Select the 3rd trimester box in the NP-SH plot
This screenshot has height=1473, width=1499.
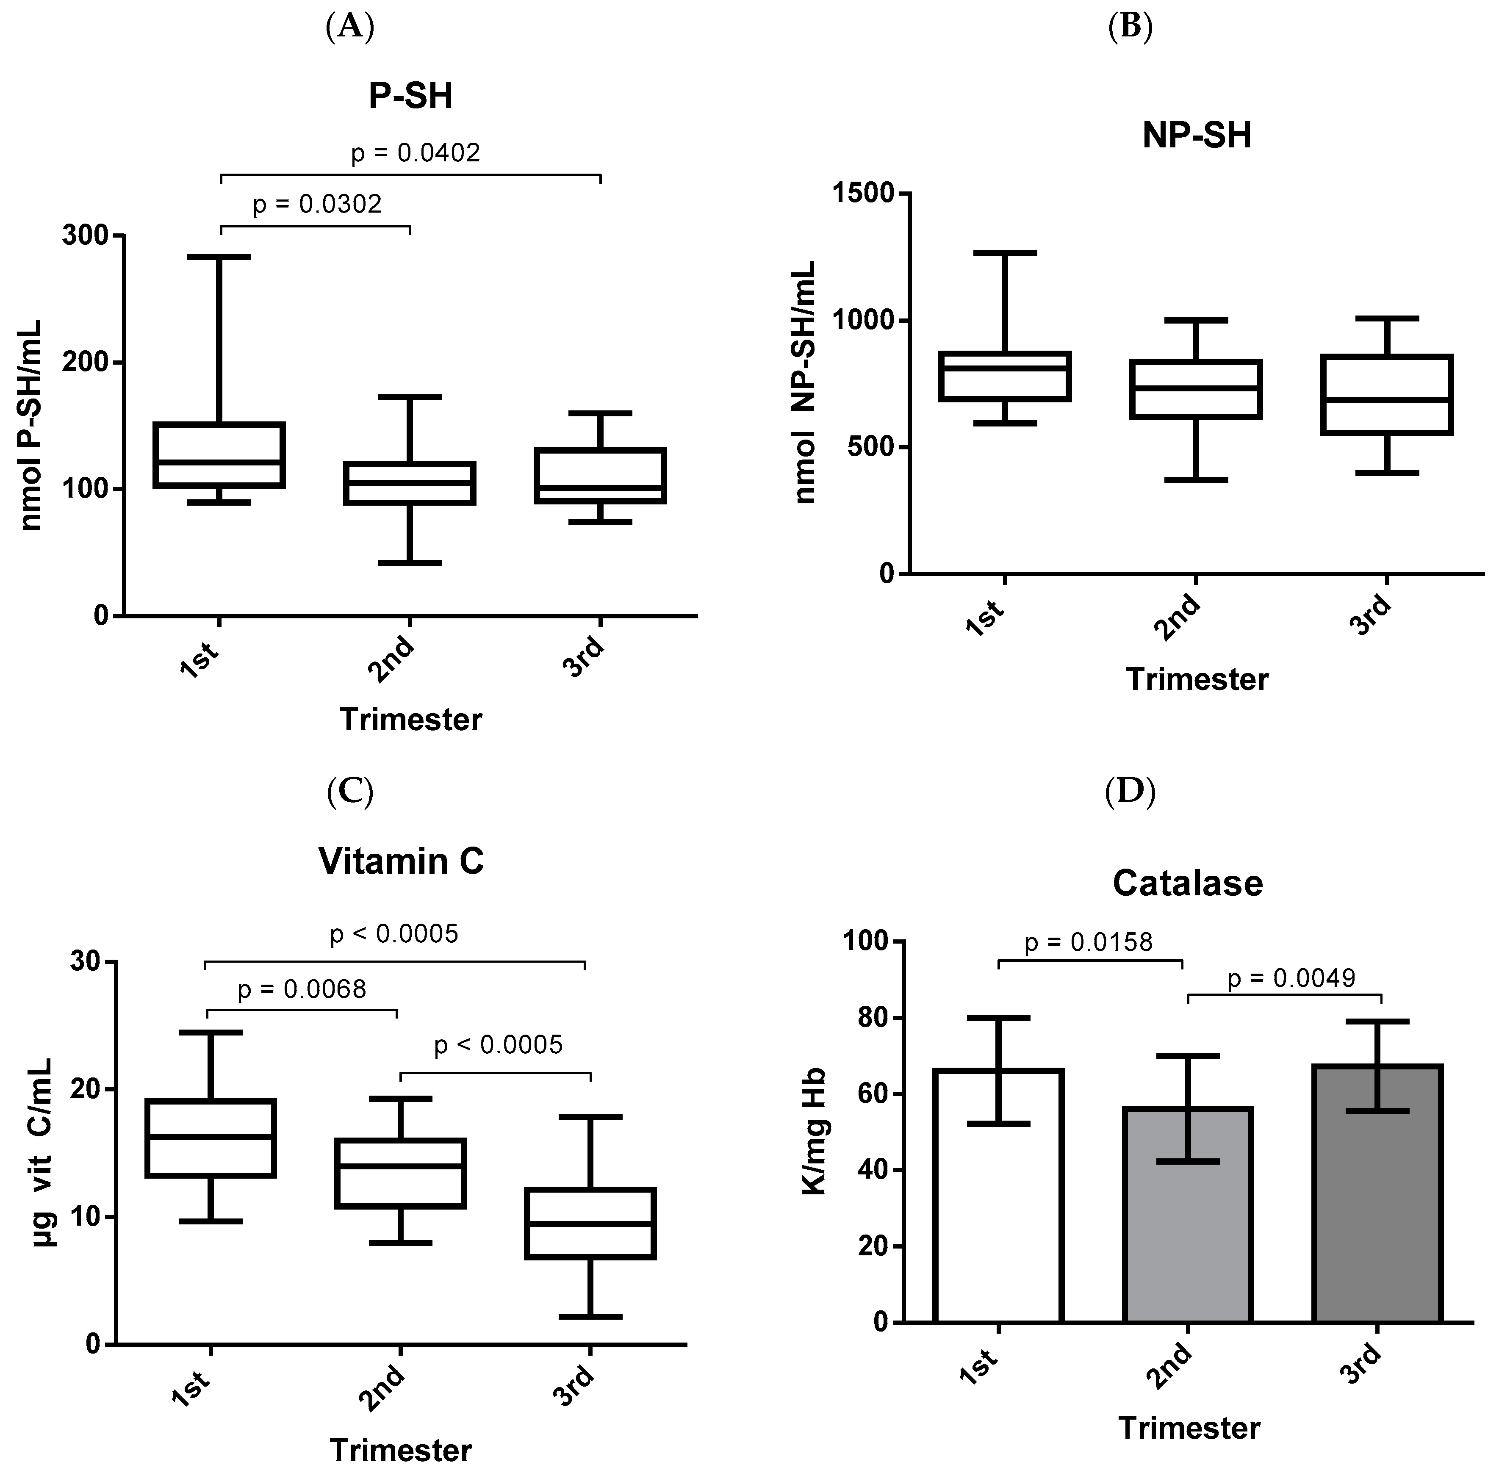(1386, 395)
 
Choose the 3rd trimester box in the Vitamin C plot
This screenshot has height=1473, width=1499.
(590, 1223)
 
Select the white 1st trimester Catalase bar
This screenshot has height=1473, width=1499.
(998, 1195)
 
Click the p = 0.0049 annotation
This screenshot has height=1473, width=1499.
(1291, 979)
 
